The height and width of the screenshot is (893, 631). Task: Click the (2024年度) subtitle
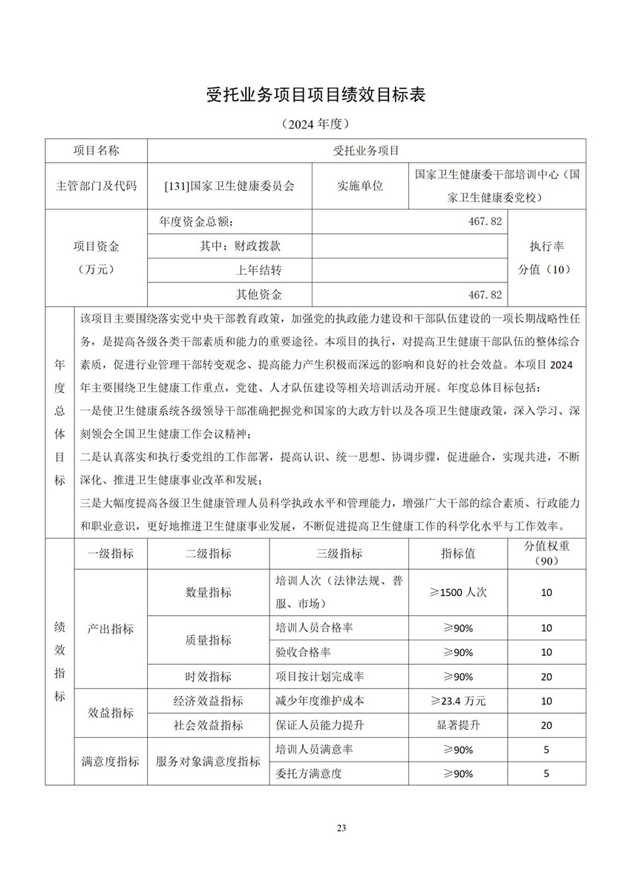[x=315, y=123]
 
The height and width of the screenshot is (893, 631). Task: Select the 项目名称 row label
[x=97, y=151]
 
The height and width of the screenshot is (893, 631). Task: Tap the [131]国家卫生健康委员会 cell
[x=229, y=186]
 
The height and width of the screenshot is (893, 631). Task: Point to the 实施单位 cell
[x=360, y=186]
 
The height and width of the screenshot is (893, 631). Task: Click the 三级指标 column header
[x=339, y=553]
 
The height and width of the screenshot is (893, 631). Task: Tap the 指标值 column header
[x=458, y=553]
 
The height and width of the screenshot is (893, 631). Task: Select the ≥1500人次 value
[x=458, y=592]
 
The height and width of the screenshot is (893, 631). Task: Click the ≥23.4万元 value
[x=458, y=701]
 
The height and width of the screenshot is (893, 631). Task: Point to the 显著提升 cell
[x=458, y=725]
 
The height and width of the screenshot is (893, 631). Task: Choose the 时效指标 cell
[x=209, y=676]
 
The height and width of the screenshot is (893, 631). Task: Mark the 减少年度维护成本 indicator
[x=320, y=701]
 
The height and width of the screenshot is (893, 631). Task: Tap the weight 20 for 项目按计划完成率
[x=546, y=676]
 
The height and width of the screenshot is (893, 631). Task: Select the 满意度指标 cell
[x=111, y=762]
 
